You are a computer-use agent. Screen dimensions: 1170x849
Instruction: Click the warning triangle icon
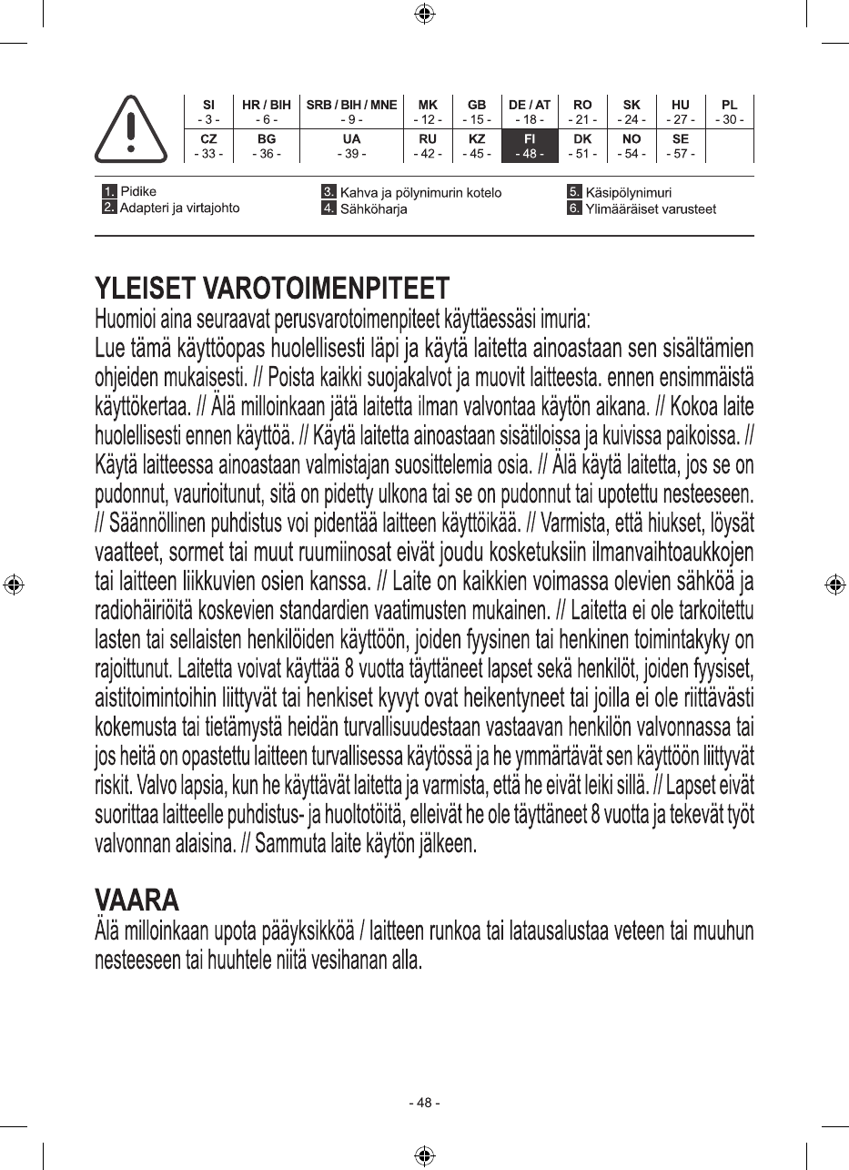131,129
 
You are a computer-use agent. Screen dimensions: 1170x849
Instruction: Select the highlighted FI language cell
529,146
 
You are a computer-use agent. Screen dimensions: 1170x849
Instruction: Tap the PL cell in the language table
729,112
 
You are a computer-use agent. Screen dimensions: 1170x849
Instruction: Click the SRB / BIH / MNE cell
351,112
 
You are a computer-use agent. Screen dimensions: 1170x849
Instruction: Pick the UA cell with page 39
351,146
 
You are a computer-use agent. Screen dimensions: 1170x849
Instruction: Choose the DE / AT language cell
529,112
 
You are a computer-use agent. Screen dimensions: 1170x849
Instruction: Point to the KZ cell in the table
476,146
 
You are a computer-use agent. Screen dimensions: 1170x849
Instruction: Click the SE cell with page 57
680,146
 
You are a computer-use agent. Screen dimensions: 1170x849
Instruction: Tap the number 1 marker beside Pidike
109,192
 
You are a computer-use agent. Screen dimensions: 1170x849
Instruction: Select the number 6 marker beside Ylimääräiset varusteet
574,209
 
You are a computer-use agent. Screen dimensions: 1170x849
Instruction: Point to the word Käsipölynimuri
629,193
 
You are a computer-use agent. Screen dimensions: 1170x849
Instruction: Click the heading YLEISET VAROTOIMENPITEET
272,289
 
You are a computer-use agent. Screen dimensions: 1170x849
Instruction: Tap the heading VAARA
137,900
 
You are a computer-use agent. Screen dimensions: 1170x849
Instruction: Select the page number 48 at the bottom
424,1104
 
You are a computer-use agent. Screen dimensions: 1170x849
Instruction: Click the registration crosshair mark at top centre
424,13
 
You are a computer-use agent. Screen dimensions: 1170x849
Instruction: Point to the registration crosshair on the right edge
834,585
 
